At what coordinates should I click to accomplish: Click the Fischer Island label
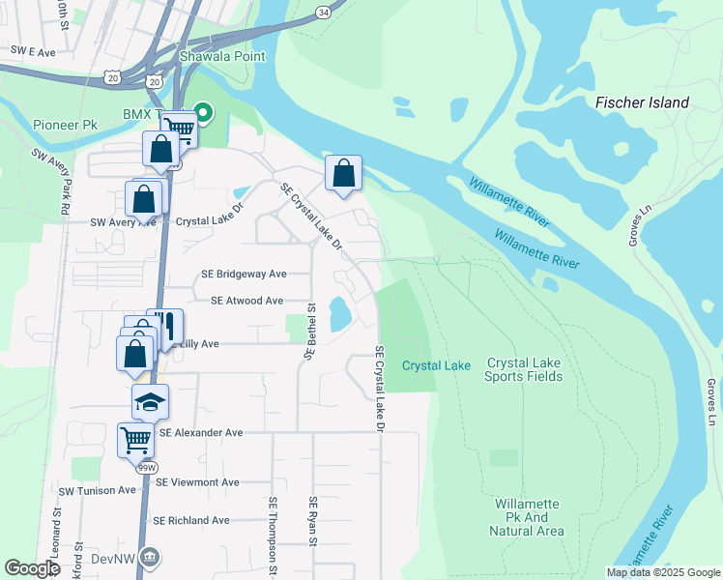(642, 102)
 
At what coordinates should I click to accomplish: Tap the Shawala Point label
(222, 56)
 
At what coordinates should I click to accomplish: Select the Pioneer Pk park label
(65, 126)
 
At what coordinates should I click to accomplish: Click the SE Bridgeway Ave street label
(244, 274)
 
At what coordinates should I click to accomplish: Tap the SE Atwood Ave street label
(242, 301)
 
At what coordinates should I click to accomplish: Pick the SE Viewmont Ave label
(197, 482)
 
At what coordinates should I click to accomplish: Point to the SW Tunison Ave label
(98, 490)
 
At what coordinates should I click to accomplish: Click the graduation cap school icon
(150, 401)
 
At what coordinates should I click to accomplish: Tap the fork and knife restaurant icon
(165, 327)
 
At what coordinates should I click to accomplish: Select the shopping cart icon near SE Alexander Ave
(135, 439)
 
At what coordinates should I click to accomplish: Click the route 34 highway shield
(322, 12)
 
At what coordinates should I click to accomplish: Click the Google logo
(33, 568)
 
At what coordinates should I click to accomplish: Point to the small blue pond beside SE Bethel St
(340, 313)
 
